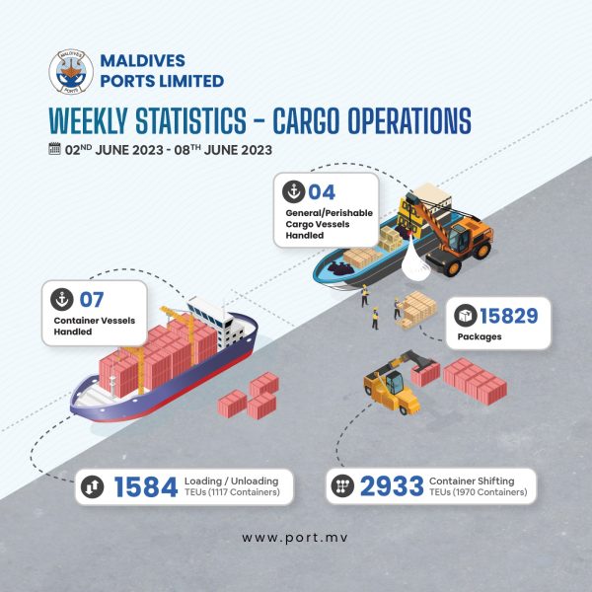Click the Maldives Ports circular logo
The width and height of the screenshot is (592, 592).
(x=71, y=71)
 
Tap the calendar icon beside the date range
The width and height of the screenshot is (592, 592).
(x=54, y=148)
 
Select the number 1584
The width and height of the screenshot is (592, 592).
(x=146, y=486)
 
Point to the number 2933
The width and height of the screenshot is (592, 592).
(x=392, y=485)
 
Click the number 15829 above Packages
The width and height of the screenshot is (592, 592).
(x=508, y=316)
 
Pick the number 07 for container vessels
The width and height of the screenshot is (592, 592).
(x=92, y=300)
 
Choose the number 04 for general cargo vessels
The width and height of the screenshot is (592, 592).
(x=322, y=192)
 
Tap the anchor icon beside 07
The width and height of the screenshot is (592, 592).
(x=62, y=299)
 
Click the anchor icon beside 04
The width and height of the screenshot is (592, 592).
(x=294, y=191)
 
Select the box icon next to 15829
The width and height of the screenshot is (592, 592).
(x=466, y=316)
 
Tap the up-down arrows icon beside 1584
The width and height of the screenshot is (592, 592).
(x=93, y=486)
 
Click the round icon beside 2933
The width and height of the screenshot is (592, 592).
(x=342, y=485)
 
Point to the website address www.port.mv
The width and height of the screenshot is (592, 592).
(x=295, y=538)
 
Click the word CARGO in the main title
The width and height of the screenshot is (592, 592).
(x=306, y=120)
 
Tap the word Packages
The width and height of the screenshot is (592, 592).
(x=480, y=336)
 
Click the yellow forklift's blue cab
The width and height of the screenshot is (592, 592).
(x=394, y=383)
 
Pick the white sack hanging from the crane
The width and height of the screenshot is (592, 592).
(x=415, y=259)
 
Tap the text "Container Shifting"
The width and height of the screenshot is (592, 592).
(x=472, y=481)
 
